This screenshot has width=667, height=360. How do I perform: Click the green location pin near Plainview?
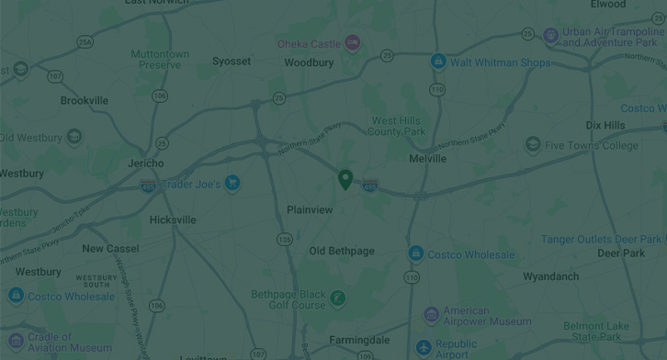point(345,179)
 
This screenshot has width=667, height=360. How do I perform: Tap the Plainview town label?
point(310,210)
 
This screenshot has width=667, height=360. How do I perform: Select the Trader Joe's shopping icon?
point(232,184)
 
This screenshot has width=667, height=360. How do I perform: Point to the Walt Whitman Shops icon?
point(438,62)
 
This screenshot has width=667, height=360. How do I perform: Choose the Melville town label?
point(427,159)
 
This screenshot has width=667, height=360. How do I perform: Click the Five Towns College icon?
point(533,145)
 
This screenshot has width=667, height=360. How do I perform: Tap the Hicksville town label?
point(173,220)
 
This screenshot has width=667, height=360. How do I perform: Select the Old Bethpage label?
point(342,252)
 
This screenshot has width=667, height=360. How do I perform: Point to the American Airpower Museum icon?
point(431,315)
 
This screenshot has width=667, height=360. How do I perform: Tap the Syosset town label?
point(232,62)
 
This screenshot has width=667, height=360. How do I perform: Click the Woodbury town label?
point(309,63)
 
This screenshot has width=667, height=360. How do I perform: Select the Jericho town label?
point(145,163)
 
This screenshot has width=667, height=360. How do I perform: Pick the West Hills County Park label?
point(398,126)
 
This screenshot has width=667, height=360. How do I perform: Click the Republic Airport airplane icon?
point(423,348)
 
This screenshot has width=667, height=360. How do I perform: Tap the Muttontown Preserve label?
point(160,60)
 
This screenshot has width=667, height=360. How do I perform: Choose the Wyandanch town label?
point(551,276)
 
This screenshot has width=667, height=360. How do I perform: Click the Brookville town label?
point(85,101)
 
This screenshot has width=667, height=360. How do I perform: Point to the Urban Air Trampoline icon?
point(550,36)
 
